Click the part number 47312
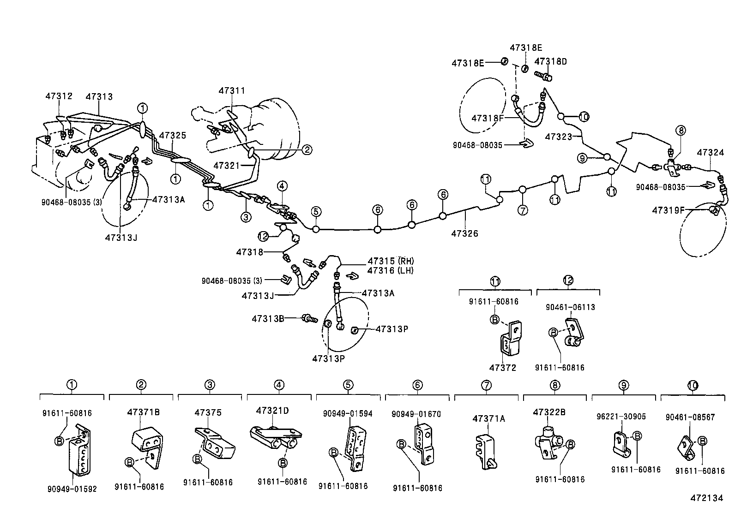[59, 96]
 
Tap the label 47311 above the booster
[232, 91]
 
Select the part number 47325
[173, 135]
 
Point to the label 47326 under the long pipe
[464, 233]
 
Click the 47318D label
[550, 61]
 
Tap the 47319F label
[668, 210]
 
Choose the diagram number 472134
[706, 498]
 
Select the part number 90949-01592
[72, 489]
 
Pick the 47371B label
[144, 412]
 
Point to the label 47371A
[488, 418]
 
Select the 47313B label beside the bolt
[267, 318]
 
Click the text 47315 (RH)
[391, 261]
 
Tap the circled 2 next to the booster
[307, 149]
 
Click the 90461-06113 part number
[570, 307]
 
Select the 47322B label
[549, 412]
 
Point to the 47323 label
[559, 137]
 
